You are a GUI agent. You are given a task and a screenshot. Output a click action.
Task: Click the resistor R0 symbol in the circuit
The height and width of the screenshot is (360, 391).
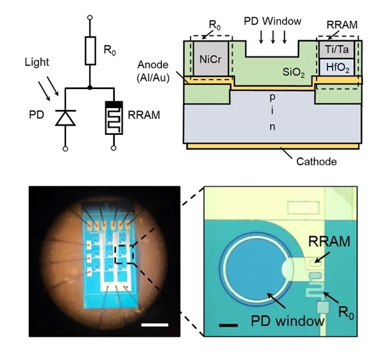(90, 51)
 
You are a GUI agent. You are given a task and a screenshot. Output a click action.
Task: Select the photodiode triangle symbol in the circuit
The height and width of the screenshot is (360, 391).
(65, 117)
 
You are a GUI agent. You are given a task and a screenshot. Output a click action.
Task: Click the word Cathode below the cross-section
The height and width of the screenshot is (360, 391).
(316, 162)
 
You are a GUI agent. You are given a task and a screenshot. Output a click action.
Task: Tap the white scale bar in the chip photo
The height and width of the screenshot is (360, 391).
(154, 325)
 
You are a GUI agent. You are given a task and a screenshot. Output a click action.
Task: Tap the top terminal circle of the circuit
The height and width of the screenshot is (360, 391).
(90, 18)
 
